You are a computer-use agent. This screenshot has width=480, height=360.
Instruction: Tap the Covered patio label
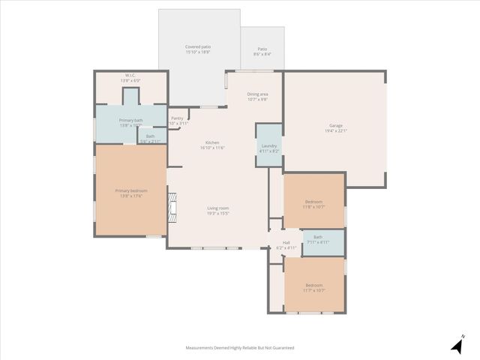198,46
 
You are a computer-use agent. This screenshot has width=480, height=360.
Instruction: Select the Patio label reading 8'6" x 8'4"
262,49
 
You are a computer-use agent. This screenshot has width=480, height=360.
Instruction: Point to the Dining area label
257,94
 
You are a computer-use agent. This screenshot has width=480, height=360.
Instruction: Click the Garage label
336,125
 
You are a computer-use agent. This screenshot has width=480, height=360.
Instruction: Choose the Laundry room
269,146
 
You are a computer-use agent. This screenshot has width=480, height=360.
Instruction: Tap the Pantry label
177,118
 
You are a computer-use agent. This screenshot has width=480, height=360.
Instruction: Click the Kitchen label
213,142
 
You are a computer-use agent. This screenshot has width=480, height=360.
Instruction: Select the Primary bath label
131,120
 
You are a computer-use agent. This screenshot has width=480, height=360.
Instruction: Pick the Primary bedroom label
131,190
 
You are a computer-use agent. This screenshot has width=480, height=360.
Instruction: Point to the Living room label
218,208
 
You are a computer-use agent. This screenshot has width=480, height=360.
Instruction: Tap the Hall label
286,242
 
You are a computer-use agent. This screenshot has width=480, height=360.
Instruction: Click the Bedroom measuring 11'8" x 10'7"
313,202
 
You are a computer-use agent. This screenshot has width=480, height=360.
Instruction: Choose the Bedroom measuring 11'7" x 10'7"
313,285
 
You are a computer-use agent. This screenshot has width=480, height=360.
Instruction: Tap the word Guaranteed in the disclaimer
282,348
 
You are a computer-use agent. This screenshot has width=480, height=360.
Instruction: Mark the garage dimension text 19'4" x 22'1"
336,130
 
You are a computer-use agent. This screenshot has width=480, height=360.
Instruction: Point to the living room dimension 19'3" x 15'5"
218,214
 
